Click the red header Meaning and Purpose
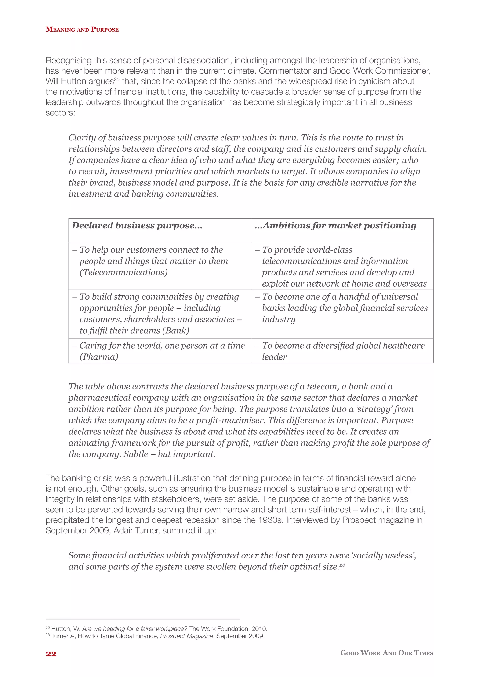click(82, 29)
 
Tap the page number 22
click(51, 654)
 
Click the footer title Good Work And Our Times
click(387, 653)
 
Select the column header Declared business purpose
click(137, 226)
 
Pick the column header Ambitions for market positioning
click(335, 226)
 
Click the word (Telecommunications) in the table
click(123, 272)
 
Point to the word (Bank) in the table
click(176, 331)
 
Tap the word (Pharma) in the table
click(99, 357)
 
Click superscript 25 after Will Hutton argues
click(116, 79)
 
